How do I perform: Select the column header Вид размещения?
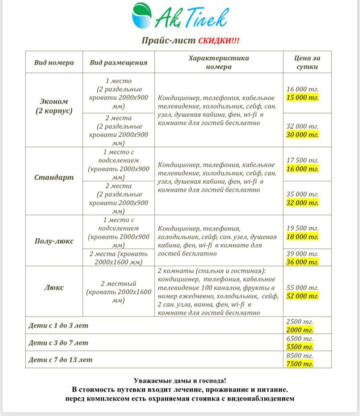[x=118, y=62]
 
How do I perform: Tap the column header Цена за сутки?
[x=307, y=62]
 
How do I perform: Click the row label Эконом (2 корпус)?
[x=54, y=106]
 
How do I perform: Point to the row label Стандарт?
[x=54, y=177]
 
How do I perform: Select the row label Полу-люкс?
[x=54, y=241]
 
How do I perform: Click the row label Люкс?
[x=54, y=287]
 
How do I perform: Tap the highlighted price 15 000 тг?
[x=302, y=98]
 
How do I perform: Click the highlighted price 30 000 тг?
[x=302, y=135]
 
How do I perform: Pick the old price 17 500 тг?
[x=302, y=160]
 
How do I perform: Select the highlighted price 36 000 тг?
[x=302, y=262]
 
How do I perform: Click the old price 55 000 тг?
[x=302, y=287]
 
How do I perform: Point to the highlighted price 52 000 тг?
[x=302, y=296]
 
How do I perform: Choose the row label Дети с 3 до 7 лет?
[x=58, y=342]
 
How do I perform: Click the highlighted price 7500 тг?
[x=300, y=364]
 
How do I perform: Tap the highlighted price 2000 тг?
[x=300, y=330]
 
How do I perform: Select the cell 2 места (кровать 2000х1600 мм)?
[x=118, y=258]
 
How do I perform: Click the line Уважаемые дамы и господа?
[x=180, y=381]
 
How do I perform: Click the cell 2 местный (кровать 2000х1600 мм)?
[x=118, y=292]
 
